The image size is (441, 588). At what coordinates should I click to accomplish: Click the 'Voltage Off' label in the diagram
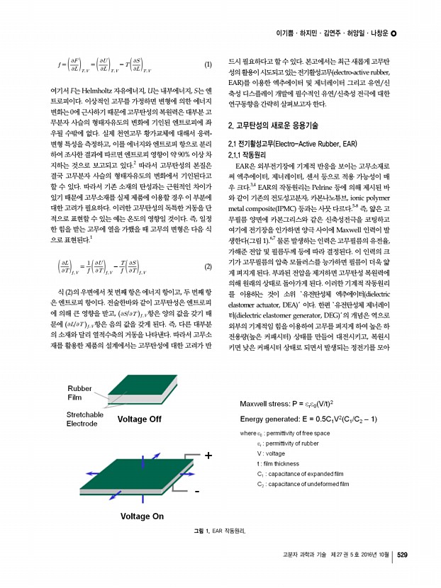tap(139, 419)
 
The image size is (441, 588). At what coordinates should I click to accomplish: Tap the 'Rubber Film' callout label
tap(80, 392)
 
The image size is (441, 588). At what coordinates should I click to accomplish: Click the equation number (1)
tap(208, 66)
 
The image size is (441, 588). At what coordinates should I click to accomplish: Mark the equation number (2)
tap(208, 267)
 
